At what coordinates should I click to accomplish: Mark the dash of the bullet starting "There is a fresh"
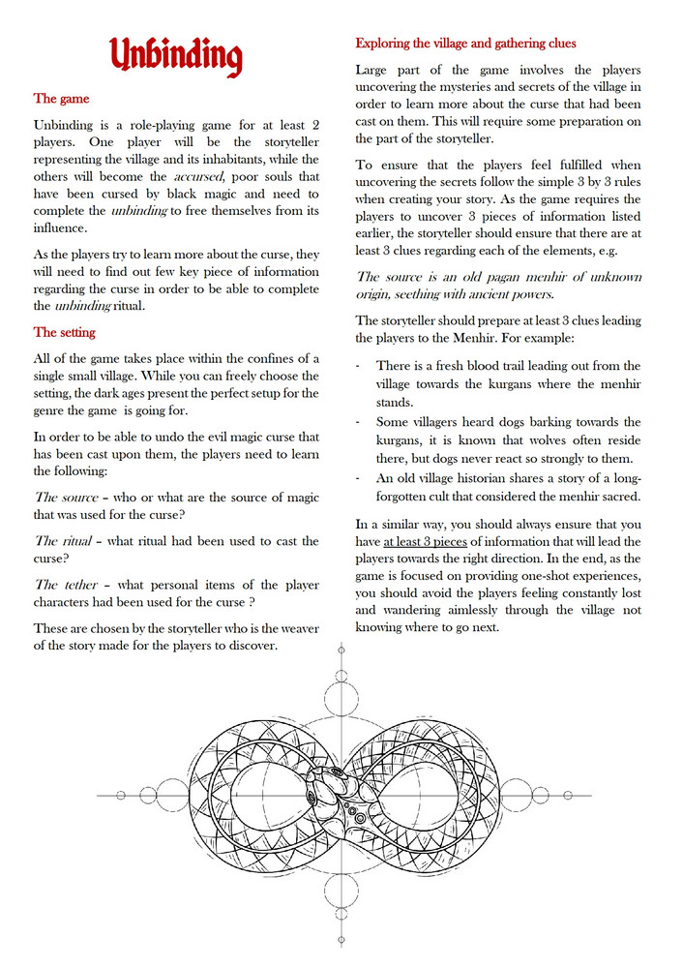point(360,366)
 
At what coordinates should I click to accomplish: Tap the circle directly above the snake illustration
point(341,693)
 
